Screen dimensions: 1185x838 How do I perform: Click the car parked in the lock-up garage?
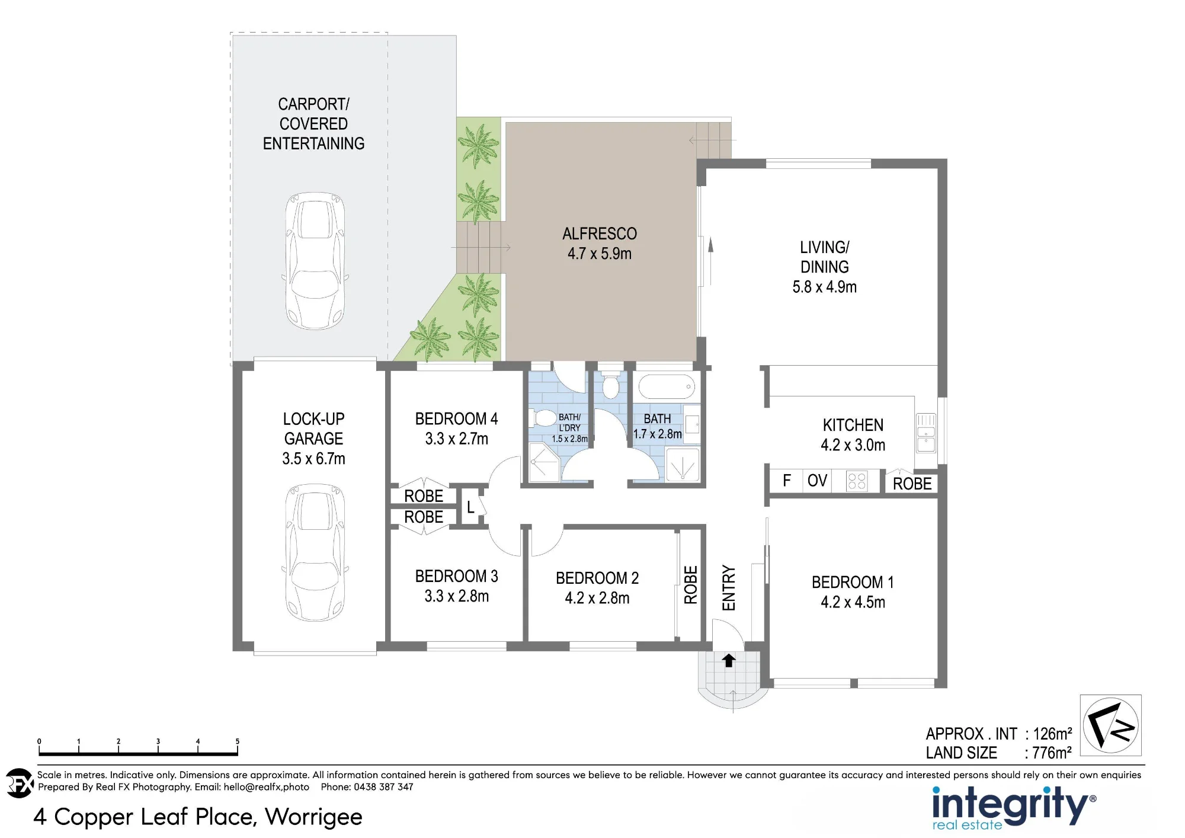(315, 552)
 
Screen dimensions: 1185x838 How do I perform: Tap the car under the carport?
(315, 261)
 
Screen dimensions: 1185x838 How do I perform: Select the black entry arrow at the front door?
(729, 660)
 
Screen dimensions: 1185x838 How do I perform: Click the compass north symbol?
(1110, 725)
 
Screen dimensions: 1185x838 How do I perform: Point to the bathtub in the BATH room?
(667, 386)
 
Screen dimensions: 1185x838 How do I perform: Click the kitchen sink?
(925, 433)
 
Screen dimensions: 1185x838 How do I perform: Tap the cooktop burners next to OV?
(857, 481)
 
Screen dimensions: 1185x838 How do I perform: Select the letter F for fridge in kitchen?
(787, 480)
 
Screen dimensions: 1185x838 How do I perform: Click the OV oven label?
(817, 480)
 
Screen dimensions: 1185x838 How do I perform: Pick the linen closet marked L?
(471, 506)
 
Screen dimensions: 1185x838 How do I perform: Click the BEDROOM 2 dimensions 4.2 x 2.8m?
(597, 598)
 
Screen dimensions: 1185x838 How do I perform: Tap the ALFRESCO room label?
(600, 234)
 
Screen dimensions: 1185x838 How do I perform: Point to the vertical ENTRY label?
(728, 587)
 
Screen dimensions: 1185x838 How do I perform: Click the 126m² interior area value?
(1052, 734)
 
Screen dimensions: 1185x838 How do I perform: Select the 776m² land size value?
(1052, 753)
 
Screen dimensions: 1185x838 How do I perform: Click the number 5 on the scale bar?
(238, 741)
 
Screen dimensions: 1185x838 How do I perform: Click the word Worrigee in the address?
(313, 817)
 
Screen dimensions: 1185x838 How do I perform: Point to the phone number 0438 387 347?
(383, 787)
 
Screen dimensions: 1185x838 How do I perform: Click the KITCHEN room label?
(853, 425)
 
